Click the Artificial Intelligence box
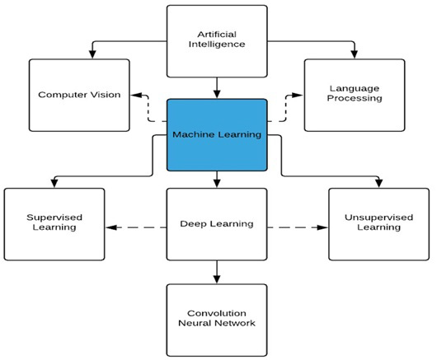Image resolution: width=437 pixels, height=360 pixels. tap(217, 40)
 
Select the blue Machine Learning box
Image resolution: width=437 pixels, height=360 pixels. tap(217, 134)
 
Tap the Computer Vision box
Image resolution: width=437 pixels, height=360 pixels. tap(79, 95)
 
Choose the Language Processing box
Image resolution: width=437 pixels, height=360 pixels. tap(355, 94)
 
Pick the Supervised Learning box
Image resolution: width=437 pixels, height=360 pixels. tap(54, 223)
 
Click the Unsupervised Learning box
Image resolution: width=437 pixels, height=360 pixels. tap(379, 223)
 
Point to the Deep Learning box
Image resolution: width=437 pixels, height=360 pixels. tap(217, 223)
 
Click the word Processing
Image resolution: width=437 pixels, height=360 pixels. tap(355, 99)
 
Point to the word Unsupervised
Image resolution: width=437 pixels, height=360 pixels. tap(379, 217)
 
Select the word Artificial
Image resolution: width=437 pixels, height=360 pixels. tap(217, 34)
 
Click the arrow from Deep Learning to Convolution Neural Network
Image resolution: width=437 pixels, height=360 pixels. tap(217, 271)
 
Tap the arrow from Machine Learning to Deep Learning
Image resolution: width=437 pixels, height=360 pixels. tap(217, 179)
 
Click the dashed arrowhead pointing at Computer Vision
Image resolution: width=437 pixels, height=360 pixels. tap(134, 95)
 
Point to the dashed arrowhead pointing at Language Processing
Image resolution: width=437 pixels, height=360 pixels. tap(299, 95)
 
